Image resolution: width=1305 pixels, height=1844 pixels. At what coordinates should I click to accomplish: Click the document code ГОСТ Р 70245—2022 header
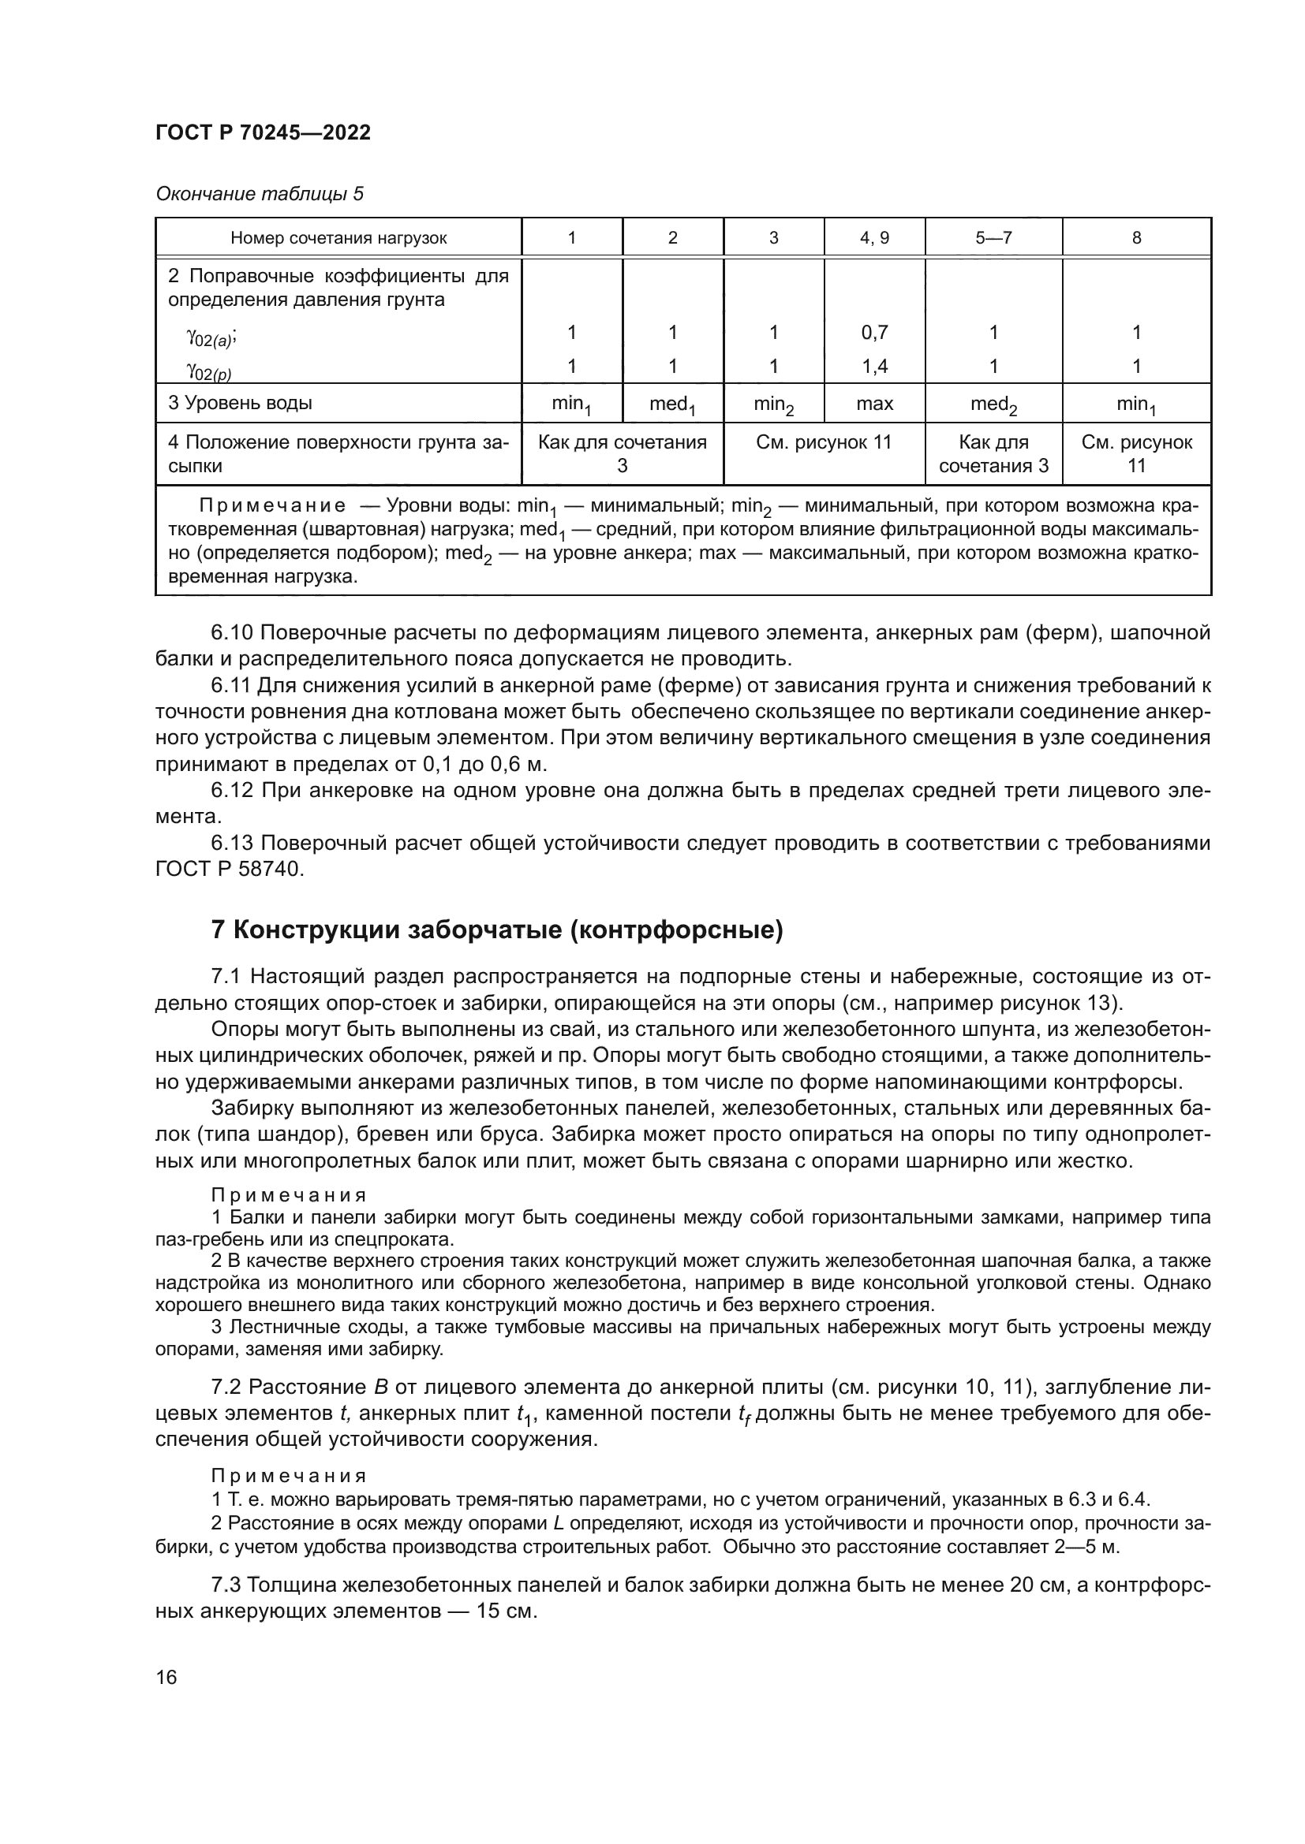[263, 133]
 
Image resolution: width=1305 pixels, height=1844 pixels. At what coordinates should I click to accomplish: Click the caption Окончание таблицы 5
[259, 194]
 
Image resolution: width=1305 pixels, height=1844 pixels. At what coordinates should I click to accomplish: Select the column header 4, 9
[874, 238]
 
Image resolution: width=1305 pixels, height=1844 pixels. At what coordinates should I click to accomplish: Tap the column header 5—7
[993, 238]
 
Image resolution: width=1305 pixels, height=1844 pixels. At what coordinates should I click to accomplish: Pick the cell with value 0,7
[874, 333]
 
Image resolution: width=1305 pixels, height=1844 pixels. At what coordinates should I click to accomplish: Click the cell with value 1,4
[874, 367]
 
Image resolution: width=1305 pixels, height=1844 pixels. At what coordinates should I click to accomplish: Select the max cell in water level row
[874, 403]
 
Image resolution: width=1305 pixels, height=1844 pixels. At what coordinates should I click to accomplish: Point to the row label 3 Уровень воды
[241, 403]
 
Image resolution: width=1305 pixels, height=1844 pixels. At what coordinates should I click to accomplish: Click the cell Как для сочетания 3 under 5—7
[993, 454]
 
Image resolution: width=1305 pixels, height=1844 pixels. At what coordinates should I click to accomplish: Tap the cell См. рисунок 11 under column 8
[1136, 454]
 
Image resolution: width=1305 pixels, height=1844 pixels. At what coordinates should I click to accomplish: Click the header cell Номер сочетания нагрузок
[338, 238]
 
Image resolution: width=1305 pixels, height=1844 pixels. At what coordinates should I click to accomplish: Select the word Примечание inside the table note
[272, 506]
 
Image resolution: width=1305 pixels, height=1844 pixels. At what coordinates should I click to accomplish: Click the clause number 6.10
[232, 633]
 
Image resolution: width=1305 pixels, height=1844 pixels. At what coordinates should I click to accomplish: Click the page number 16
[166, 1676]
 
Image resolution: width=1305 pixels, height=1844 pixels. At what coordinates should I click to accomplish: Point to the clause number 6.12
[232, 790]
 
